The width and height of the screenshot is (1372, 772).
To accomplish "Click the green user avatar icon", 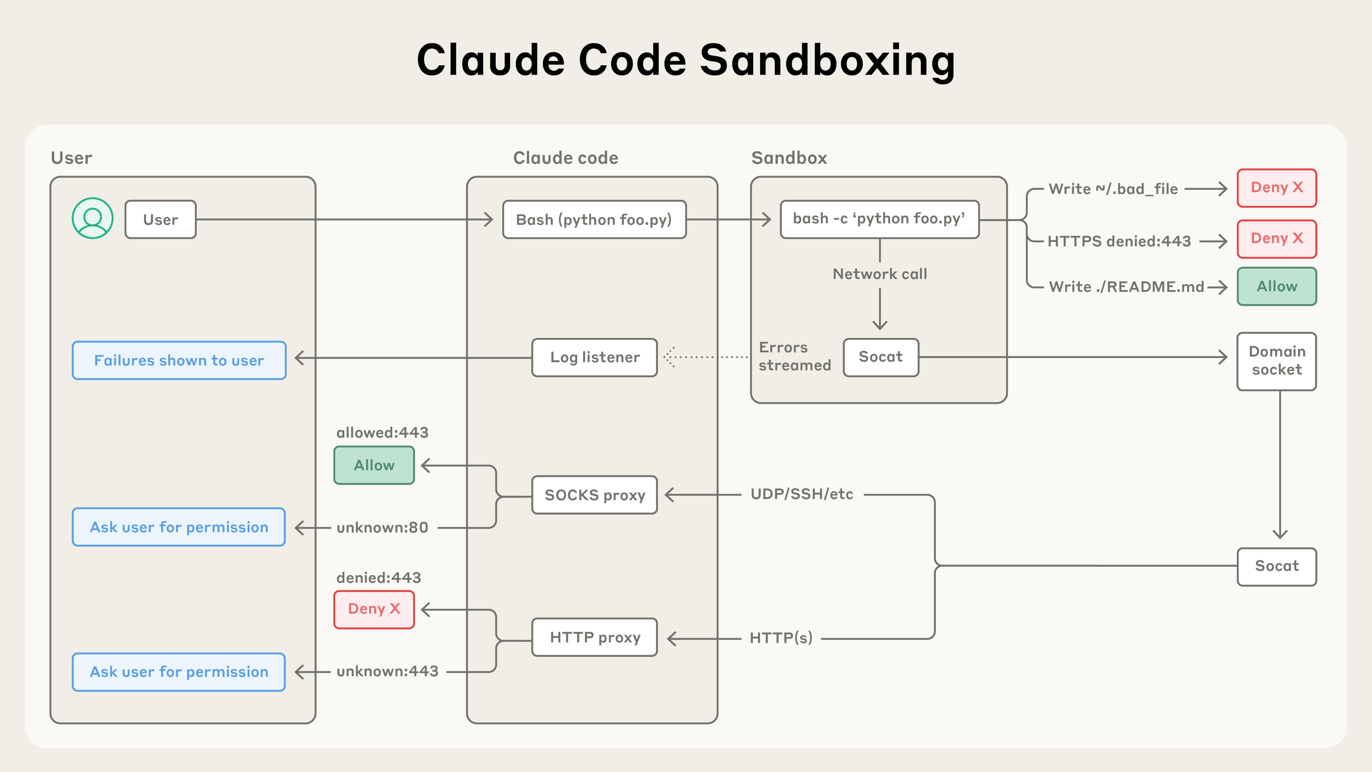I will coord(93,218).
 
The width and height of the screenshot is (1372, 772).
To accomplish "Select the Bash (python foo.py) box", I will coord(595,219).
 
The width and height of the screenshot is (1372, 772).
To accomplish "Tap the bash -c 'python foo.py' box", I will coord(879,219).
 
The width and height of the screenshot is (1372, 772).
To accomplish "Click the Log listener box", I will coord(595,357).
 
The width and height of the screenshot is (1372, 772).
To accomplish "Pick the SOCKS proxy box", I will coord(595,495).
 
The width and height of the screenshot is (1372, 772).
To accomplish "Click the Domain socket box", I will coord(1277,361).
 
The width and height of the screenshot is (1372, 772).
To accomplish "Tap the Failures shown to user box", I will coord(179,360).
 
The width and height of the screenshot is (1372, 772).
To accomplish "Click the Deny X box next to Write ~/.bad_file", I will coord(1277,188).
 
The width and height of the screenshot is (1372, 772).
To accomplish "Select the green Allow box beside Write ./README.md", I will coord(1277,286).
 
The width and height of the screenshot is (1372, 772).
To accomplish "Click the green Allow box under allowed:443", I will coord(374,465).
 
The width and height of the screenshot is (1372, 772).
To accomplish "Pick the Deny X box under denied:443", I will coord(374,609).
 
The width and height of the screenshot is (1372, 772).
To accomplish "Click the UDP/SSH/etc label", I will coord(802,494).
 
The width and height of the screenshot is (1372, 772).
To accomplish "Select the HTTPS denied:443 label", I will coord(1119,241).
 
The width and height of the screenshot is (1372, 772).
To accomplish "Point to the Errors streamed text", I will coord(794,356).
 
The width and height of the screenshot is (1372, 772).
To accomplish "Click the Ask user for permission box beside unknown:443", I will coord(179,672).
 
